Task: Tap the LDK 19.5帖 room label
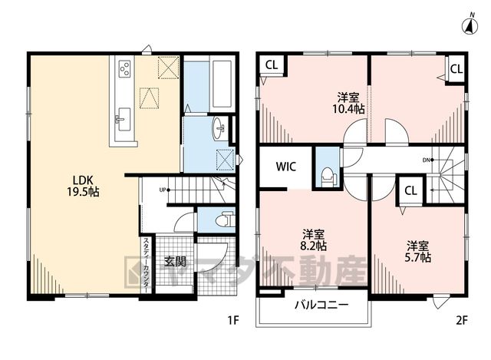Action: click(84, 186)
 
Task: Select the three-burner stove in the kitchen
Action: click(124, 68)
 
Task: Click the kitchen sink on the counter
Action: click(124, 119)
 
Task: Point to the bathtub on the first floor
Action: click(222, 84)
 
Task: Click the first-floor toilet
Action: click(225, 220)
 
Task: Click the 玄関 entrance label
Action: click(175, 261)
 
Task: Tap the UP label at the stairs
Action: click(163, 190)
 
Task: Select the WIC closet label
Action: click(286, 167)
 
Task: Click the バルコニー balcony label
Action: click(321, 305)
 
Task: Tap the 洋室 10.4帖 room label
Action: click(348, 103)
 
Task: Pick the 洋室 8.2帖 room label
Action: click(313, 240)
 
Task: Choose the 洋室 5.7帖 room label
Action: click(417, 251)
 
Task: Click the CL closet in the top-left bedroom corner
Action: click(271, 65)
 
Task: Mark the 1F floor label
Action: click(233, 320)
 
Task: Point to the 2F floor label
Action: click(462, 320)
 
